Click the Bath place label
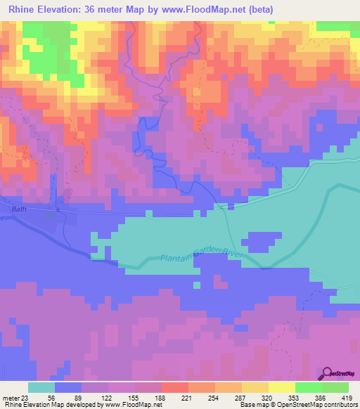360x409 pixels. (19, 209)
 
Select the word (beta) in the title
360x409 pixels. (257, 9)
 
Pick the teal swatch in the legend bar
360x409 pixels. (41, 387)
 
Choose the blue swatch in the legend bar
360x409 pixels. (68, 387)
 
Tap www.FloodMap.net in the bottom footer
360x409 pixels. (134, 405)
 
